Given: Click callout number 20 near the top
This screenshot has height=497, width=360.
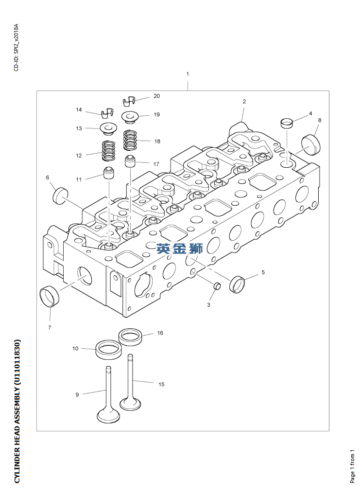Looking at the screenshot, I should [156, 96].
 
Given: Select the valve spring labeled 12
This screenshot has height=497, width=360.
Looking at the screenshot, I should [108, 150].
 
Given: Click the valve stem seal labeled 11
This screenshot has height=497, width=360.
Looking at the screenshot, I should [108, 173].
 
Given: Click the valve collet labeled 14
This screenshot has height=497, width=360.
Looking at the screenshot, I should [106, 114].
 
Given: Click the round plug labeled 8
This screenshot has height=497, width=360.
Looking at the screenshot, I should [311, 143].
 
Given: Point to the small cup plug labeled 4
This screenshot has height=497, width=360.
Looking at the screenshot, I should [287, 122].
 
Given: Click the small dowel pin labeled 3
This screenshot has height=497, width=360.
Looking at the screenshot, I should [218, 285].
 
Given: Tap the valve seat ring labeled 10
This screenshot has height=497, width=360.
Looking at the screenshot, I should [108, 349].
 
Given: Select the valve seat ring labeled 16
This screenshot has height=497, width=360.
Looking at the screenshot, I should [130, 336].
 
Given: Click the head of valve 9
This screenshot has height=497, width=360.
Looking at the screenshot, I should [108, 416].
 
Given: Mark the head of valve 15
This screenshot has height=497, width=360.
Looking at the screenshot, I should [130, 404].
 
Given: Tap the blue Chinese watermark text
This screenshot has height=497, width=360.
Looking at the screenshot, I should [179, 249].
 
